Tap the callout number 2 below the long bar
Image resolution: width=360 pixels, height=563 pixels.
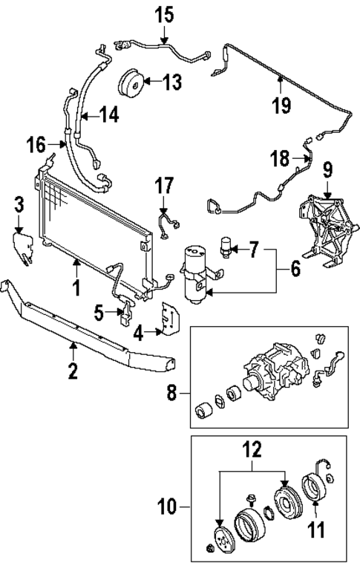pos(72,369)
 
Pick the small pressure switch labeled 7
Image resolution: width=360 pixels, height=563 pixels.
pos(227,247)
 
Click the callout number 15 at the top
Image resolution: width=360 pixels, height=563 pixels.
pos(163,13)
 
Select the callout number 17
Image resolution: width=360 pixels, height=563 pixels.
pos(163,184)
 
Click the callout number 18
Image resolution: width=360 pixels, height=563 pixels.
pos(278,158)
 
